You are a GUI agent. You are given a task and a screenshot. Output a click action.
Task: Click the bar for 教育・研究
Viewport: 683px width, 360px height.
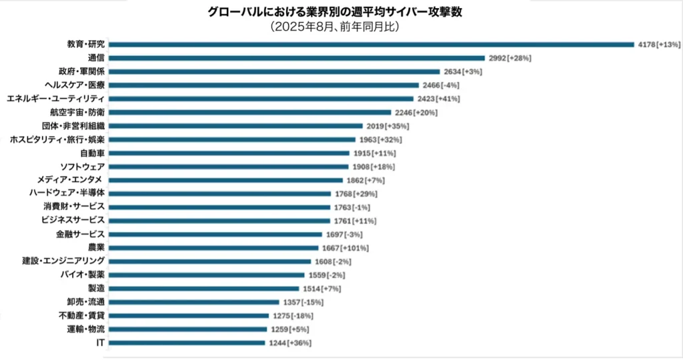[371, 45]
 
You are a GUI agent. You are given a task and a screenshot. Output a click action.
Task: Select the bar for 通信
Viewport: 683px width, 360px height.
[296, 58]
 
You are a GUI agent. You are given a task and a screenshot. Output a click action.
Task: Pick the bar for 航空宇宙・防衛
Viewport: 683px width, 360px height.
[249, 113]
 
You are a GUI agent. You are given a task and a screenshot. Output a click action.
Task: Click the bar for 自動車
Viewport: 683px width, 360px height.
[228, 153]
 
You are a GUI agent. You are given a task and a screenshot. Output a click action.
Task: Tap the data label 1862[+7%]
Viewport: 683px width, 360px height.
[366, 181]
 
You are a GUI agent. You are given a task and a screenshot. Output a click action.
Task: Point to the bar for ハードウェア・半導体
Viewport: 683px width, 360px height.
[219, 194]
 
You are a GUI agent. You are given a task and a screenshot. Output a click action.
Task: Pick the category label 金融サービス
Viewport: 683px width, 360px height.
[81, 235]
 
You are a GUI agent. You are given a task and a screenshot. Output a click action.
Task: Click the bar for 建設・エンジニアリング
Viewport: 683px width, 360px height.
[209, 261]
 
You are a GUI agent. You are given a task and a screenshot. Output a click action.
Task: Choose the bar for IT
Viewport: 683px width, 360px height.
[186, 343]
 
